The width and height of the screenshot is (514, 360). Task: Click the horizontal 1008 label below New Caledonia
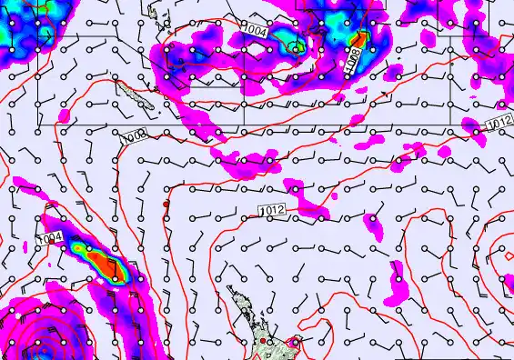134,136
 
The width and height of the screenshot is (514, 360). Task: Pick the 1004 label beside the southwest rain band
51,239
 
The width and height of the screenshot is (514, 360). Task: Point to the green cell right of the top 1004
293,45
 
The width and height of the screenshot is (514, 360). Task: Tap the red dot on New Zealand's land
264,341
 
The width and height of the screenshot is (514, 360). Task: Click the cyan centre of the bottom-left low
36,349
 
